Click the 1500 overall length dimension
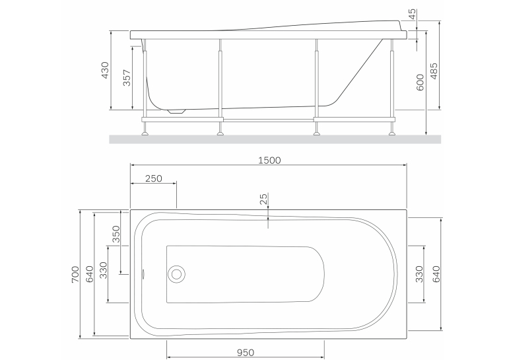(x=269, y=160)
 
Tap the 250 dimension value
(x=153, y=178)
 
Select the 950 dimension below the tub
(x=246, y=353)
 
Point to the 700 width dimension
(x=75, y=274)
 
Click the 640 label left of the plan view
(x=90, y=274)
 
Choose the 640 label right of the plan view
(x=436, y=274)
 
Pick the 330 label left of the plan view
(x=103, y=270)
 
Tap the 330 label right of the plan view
(x=419, y=274)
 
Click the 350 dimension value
(x=116, y=234)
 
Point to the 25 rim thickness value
(x=263, y=199)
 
